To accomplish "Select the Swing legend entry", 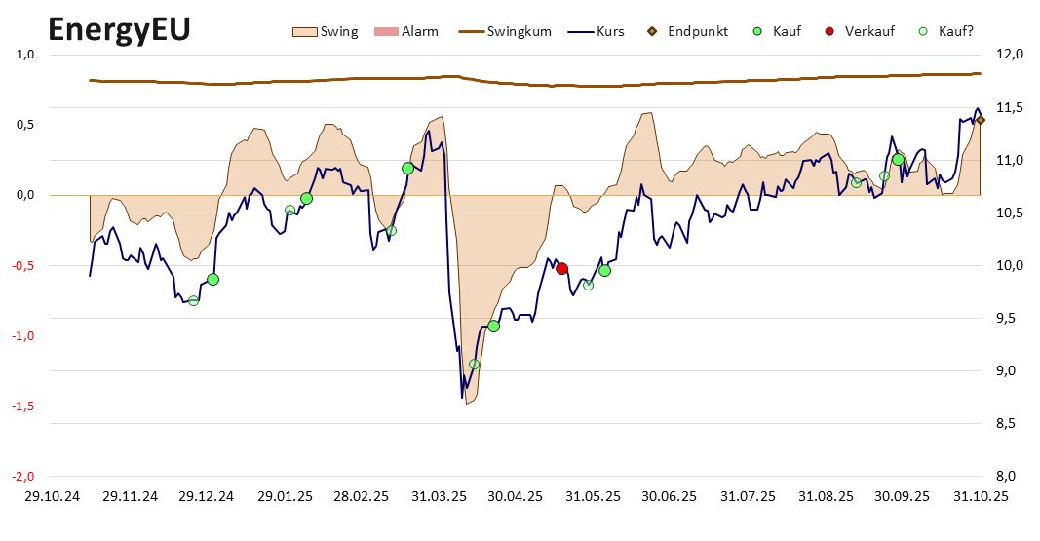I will [x=327, y=31].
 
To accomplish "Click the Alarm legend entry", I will [x=406, y=31].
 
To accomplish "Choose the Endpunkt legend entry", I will [x=686, y=31].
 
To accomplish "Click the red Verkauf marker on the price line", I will [x=561, y=268].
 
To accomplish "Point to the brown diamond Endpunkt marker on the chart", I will [x=981, y=120].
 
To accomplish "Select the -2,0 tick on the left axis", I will [x=22, y=476].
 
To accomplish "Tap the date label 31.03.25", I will [x=439, y=496].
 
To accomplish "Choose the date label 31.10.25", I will [x=981, y=496].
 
